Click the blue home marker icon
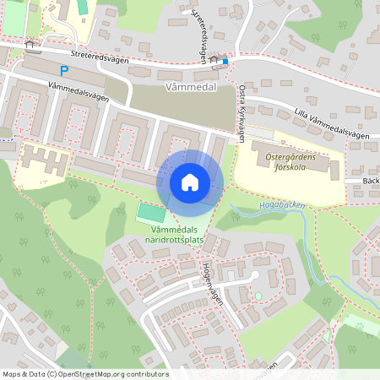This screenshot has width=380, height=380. click(x=190, y=182)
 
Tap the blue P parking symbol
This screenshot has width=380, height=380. click(x=63, y=72)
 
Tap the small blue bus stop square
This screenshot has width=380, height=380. click(x=225, y=61)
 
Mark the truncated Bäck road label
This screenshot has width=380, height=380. click(x=370, y=181)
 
